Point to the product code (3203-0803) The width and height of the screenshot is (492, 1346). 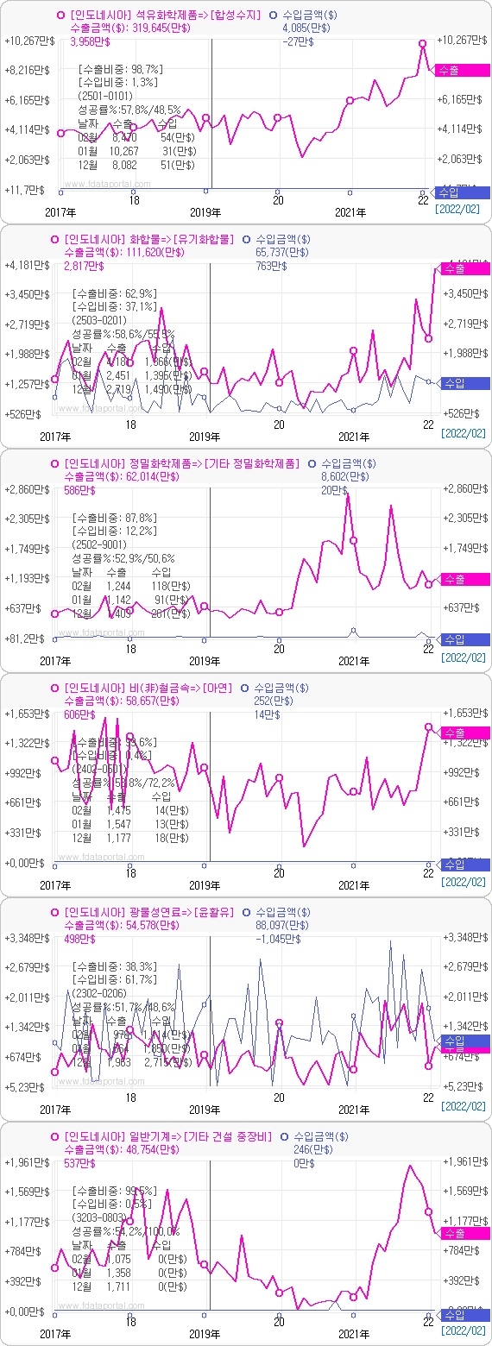(102, 1217)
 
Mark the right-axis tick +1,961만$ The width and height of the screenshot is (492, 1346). (464, 1161)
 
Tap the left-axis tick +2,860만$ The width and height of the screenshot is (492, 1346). (28, 489)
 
